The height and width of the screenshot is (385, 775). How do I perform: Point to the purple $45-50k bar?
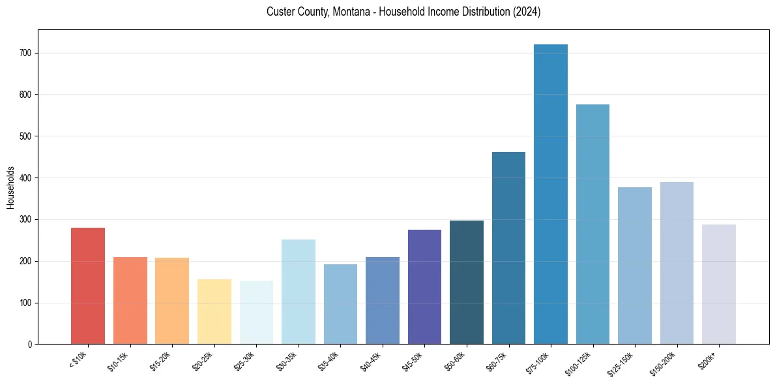424,287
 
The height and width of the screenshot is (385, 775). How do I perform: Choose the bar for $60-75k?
508,248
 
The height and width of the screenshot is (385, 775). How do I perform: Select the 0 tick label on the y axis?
31,345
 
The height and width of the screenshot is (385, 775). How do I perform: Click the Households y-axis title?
10,187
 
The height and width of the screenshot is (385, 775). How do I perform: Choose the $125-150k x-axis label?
621,362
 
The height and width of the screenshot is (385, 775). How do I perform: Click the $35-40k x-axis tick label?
329,360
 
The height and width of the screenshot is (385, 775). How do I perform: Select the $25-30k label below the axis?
245,360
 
